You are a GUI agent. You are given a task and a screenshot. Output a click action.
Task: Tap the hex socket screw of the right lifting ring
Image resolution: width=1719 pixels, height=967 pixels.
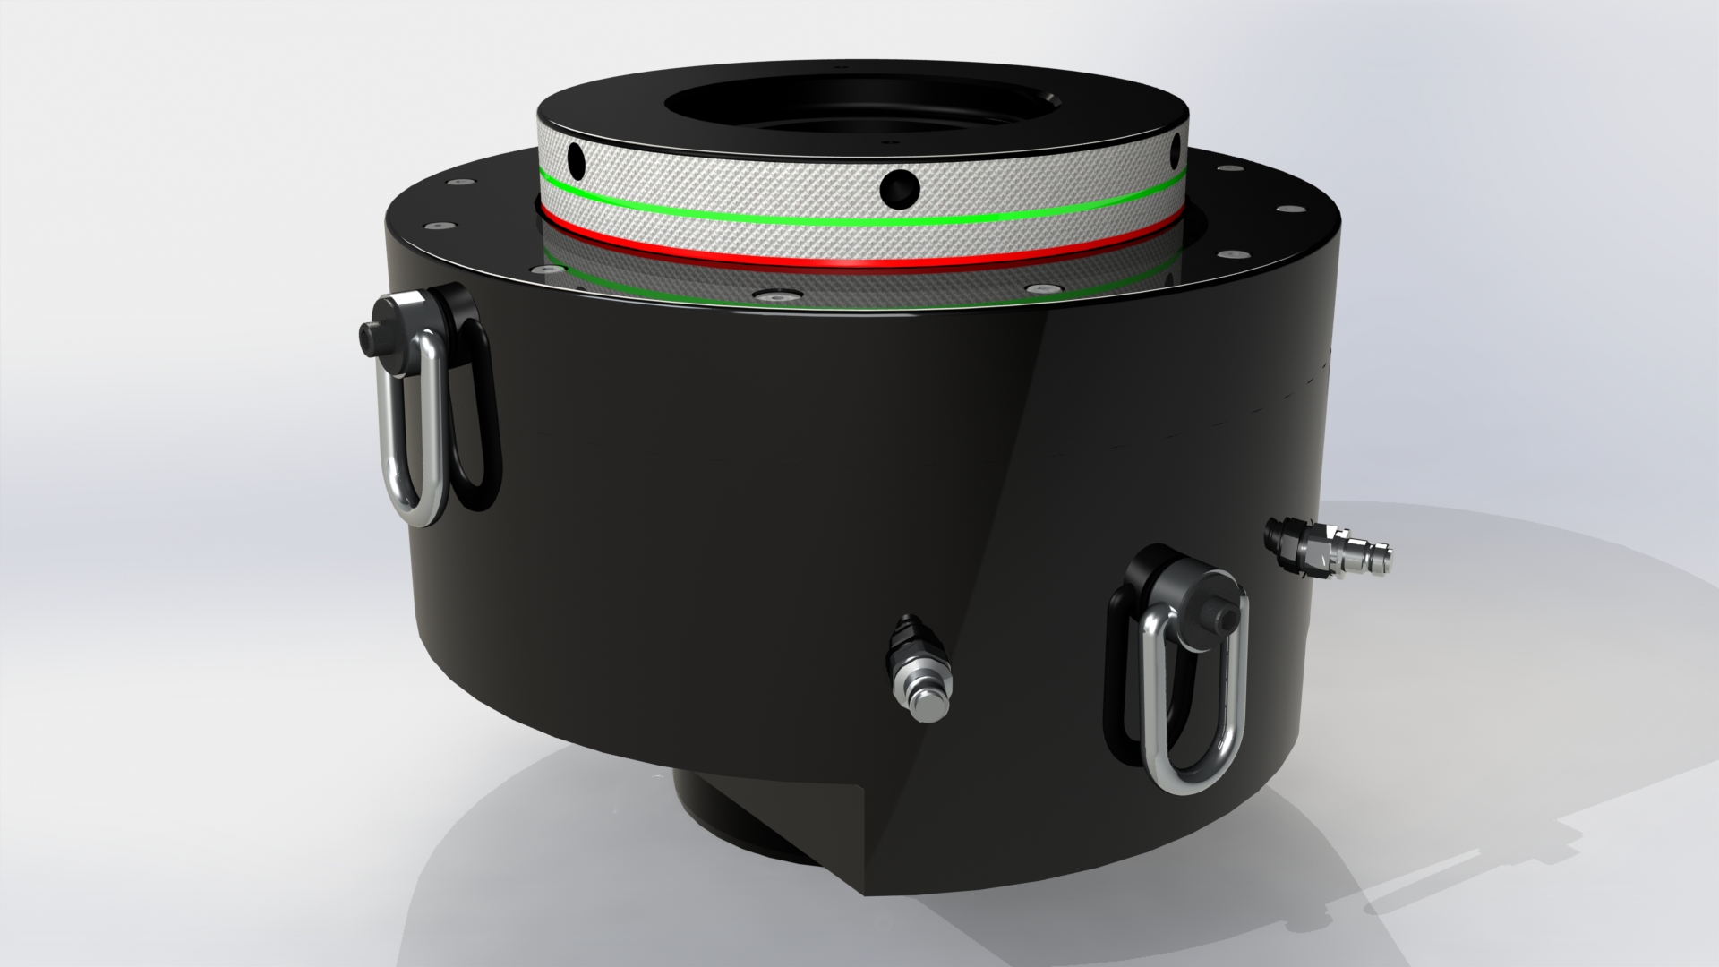coord(1216,617)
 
